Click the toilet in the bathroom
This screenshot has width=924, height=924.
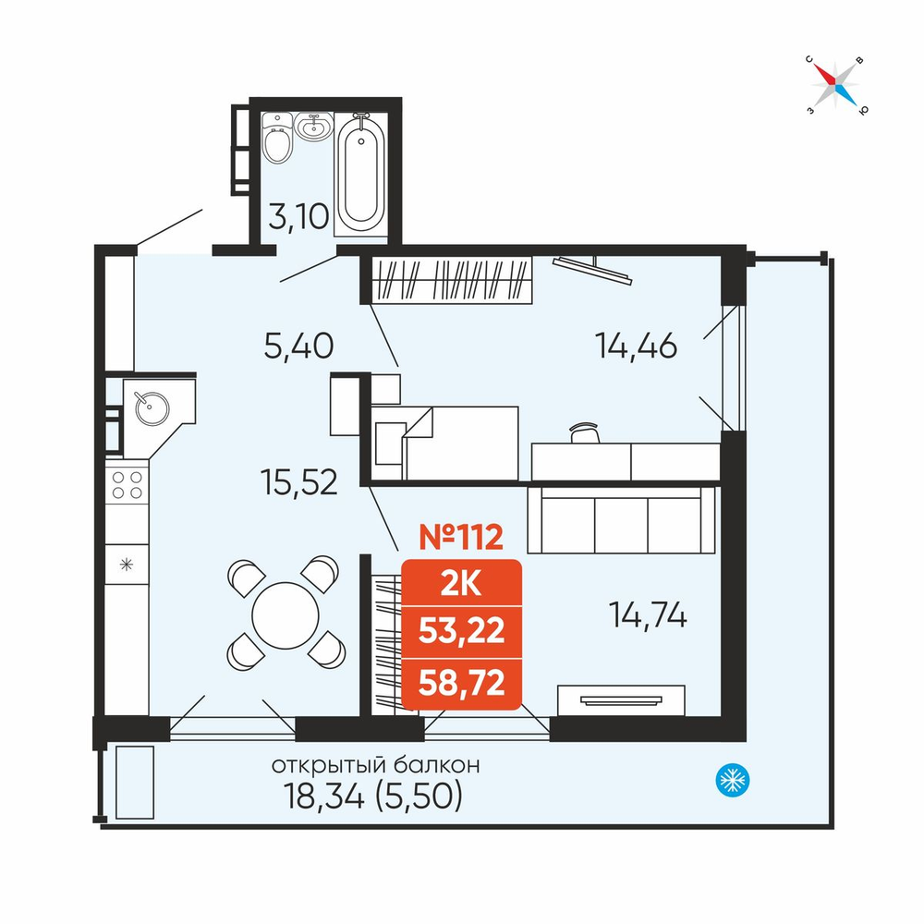pos(277,139)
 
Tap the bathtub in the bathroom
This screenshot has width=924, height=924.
pos(360,172)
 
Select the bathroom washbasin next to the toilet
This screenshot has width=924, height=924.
pos(313,126)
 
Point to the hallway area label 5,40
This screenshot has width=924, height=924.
pos(298,346)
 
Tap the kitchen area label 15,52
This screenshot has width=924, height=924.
pos(298,481)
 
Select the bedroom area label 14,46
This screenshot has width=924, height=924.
pos(636,346)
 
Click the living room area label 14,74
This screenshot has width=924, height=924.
pos(648,615)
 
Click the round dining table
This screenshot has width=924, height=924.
pos(286,615)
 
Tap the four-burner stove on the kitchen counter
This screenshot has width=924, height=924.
pos(128,485)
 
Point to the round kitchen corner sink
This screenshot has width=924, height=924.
pos(152,408)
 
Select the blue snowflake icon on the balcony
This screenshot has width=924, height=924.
pos(733,780)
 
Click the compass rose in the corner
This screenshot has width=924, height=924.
pos(835,85)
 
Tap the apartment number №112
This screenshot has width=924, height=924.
pos(461,537)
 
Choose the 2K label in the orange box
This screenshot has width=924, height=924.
pos(461,584)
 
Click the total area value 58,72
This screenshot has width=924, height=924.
pos(461,683)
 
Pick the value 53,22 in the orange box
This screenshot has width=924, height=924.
pos(461,631)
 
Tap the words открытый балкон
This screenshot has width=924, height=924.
pos(375,765)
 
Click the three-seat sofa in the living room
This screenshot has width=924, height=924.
pos(622,519)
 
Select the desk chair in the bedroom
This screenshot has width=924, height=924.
pos(585,432)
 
